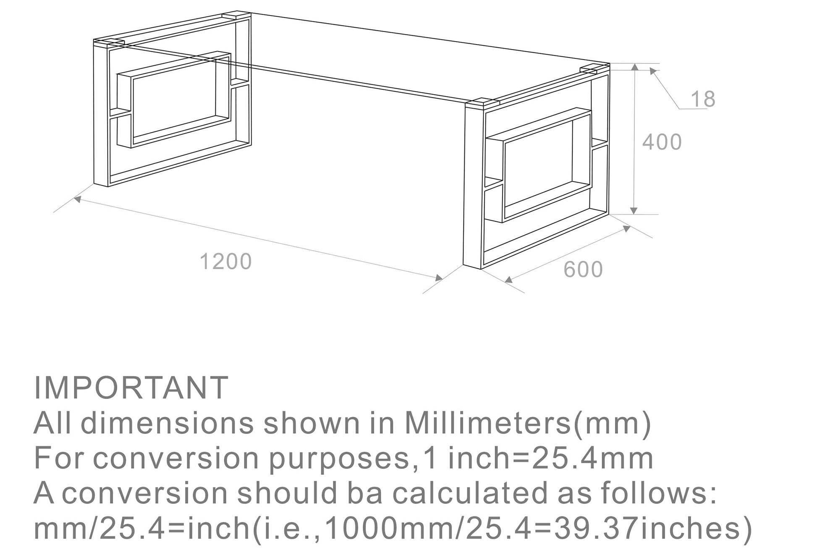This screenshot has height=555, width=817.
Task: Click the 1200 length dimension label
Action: (225, 262)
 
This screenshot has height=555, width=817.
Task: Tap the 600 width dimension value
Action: (583, 270)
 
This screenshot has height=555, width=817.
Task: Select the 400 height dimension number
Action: (662, 142)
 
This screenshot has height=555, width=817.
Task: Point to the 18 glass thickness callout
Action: (702, 99)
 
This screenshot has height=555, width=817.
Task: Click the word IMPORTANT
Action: (131, 387)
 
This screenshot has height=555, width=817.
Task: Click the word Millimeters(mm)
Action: (528, 423)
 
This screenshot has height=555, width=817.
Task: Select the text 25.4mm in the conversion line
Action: (593, 458)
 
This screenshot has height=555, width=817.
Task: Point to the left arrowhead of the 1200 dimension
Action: (77, 199)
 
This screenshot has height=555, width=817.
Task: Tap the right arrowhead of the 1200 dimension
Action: (439, 278)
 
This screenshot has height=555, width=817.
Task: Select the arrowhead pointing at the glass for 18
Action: (653, 71)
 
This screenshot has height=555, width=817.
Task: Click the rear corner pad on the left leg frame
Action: (236, 15)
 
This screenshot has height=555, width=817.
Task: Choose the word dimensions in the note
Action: (167, 423)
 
